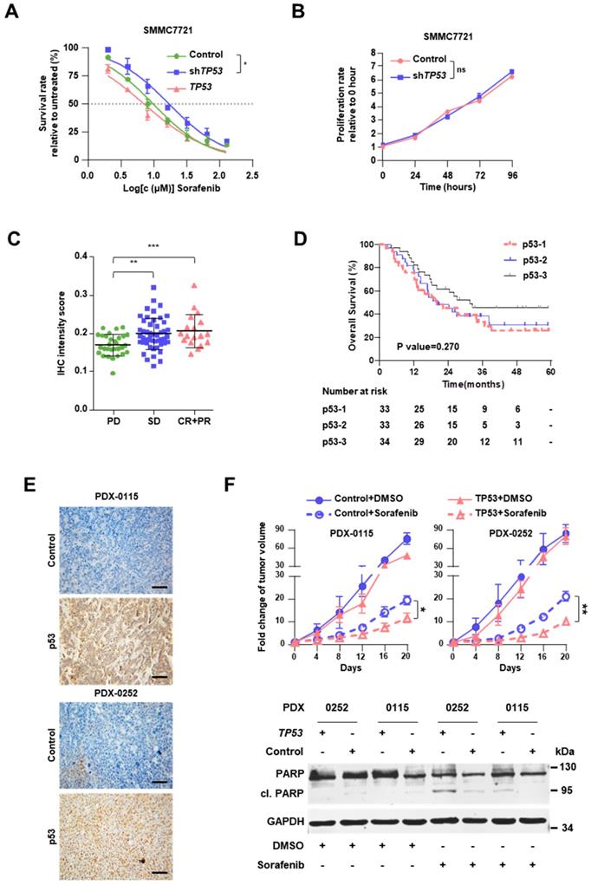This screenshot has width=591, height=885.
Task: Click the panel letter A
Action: (x=11, y=11)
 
